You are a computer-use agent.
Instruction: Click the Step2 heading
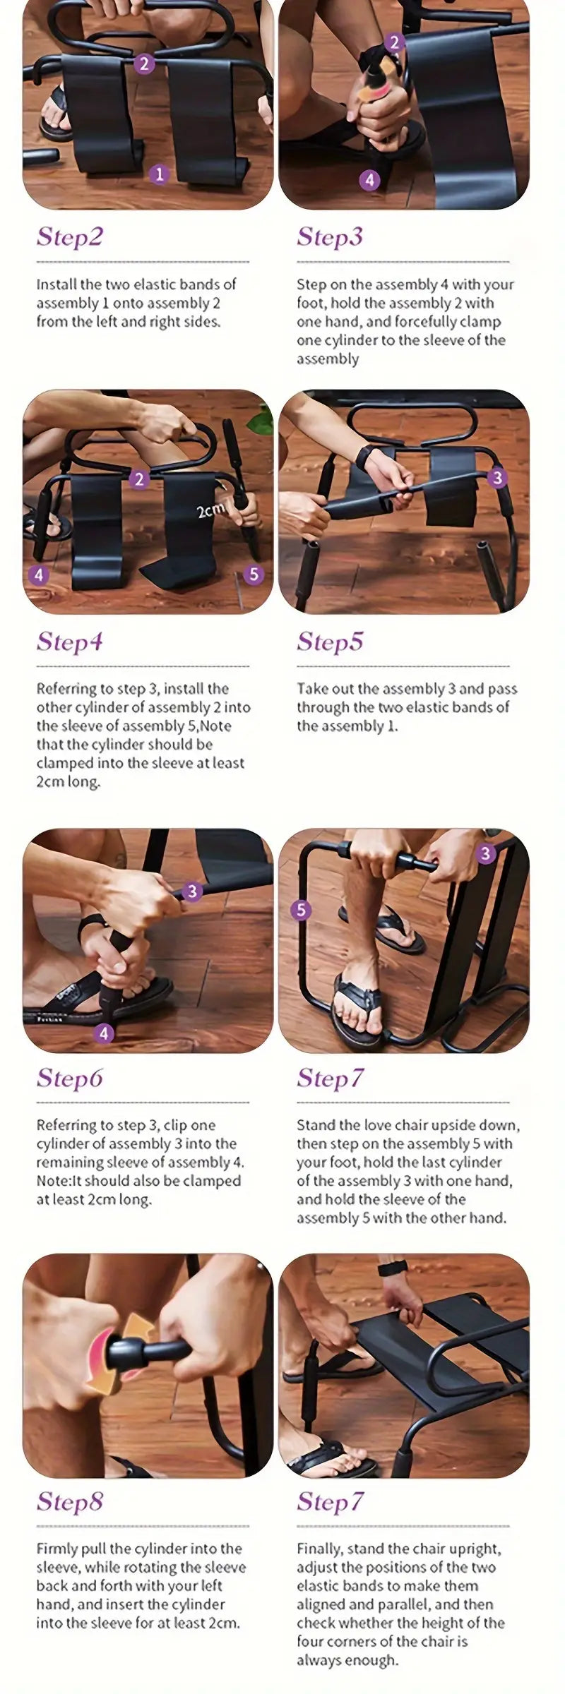pyautogui.click(x=70, y=236)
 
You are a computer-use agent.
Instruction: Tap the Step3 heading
pyautogui.click(x=330, y=236)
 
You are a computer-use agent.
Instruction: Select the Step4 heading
pyautogui.click(x=70, y=642)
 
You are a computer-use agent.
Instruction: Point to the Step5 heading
pyautogui.click(x=330, y=642)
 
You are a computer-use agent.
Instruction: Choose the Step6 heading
pyautogui.click(x=70, y=1078)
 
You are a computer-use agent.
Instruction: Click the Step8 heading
pyautogui.click(x=70, y=1501)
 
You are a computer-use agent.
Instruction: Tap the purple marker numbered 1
pyautogui.click(x=159, y=174)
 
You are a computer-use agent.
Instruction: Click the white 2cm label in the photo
pyautogui.click(x=210, y=510)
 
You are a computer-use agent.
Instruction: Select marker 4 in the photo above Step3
pyautogui.click(x=369, y=180)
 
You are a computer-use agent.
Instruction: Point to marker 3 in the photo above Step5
pyautogui.click(x=497, y=478)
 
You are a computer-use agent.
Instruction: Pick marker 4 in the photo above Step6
pyautogui.click(x=104, y=1033)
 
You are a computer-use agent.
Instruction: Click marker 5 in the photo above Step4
pyautogui.click(x=254, y=575)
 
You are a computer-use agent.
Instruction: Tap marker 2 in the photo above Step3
pyautogui.click(x=395, y=42)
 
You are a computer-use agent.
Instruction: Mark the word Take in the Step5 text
pyautogui.click(x=311, y=689)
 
